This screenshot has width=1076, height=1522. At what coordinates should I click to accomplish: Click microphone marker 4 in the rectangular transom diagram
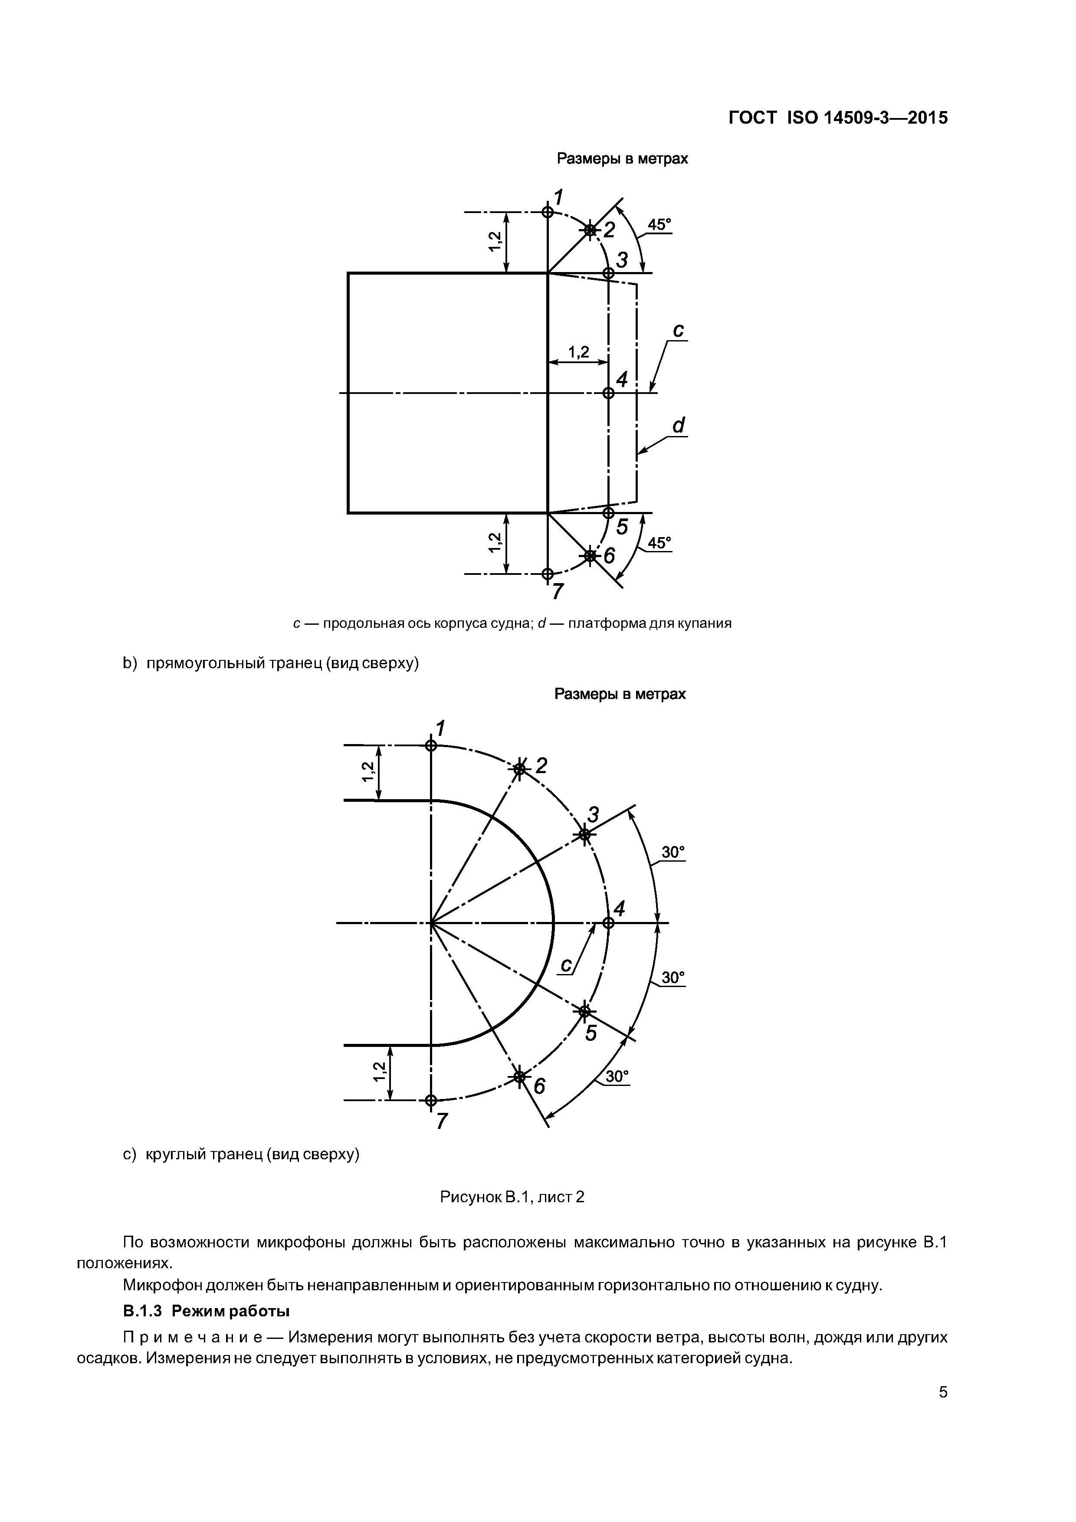click(608, 393)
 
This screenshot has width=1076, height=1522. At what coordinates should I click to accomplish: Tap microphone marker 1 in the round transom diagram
click(431, 745)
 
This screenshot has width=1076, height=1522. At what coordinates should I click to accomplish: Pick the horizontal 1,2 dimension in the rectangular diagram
click(578, 352)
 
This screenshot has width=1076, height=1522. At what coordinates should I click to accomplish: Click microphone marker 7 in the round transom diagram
click(431, 1100)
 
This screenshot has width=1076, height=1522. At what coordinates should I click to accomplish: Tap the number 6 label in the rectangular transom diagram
click(609, 555)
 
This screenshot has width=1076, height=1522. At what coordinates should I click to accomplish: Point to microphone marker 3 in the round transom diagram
click(584, 835)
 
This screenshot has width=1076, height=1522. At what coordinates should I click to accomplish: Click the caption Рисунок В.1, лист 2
click(512, 1197)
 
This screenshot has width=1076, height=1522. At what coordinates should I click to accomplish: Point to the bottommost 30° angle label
click(617, 1076)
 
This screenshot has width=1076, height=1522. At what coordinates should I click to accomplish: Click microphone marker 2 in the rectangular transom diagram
click(589, 230)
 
